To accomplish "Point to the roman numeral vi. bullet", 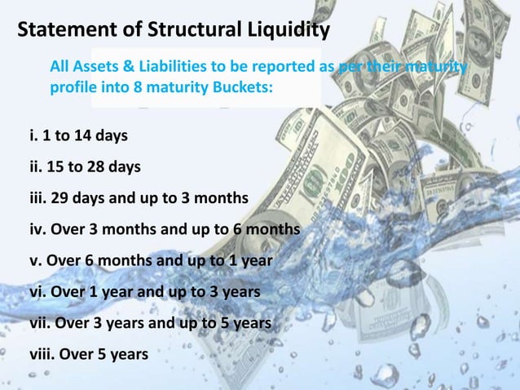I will pyautogui.click(x=37, y=292).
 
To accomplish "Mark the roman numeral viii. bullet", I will pyautogui.click(x=41, y=354).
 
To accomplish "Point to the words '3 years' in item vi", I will pyautogui.click(x=236, y=292).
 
